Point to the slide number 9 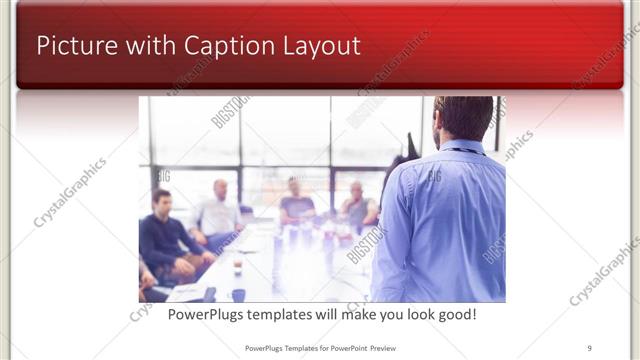pos(590,348)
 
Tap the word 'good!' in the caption pos(455,315)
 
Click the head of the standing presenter pos(464,118)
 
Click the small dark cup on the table pos(238,294)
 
